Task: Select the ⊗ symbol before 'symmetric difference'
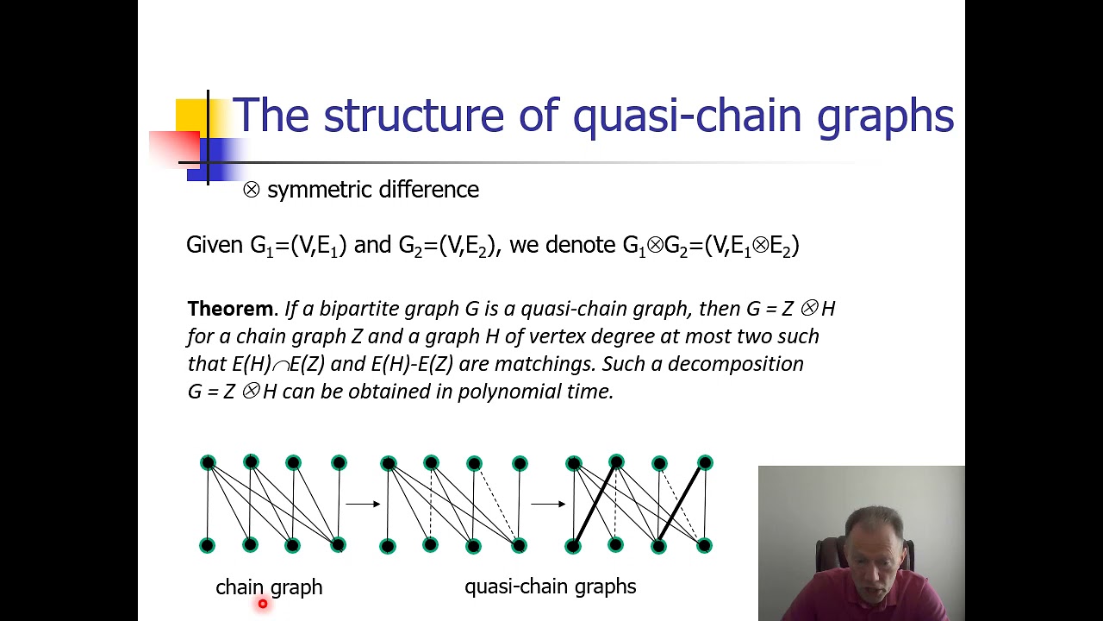[x=251, y=190]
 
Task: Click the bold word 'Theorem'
[x=229, y=309]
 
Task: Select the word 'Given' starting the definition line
[x=215, y=246]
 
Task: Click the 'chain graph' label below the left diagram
[x=269, y=587]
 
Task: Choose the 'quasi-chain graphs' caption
[x=550, y=587]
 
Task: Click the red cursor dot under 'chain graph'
[x=263, y=605]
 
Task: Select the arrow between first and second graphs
[x=363, y=504]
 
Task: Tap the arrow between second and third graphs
[x=548, y=504]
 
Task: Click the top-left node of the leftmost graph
[x=208, y=463]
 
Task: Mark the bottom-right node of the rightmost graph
[x=704, y=545]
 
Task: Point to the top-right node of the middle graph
[x=520, y=464]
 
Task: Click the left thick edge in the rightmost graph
[x=595, y=505]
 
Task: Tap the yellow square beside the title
[x=191, y=116]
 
